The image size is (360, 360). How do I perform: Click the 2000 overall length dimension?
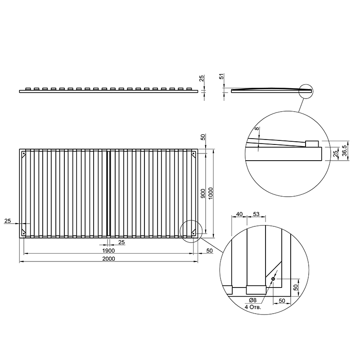(x=108, y=259)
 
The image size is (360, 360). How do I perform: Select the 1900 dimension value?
(x=108, y=251)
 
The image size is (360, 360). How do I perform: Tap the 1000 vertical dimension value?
(x=211, y=193)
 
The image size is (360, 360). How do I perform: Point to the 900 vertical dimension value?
(x=203, y=193)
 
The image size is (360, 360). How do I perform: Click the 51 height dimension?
(x=222, y=76)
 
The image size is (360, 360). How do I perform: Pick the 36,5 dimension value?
(x=344, y=151)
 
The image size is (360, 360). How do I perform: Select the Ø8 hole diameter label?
(x=252, y=300)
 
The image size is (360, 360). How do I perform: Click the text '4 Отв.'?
(x=253, y=307)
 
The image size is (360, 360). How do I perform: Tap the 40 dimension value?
(x=239, y=214)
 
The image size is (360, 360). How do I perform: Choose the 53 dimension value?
(x=256, y=214)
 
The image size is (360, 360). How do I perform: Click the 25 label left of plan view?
(x=8, y=221)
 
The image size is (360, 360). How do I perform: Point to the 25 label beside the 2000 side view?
(x=201, y=78)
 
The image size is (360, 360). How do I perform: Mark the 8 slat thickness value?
(x=257, y=128)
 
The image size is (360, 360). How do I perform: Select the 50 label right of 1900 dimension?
(x=209, y=251)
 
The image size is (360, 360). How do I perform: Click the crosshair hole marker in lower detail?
(x=273, y=279)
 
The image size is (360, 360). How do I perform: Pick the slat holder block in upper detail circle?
(x=312, y=144)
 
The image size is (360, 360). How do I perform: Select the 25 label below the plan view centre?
(x=121, y=242)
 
